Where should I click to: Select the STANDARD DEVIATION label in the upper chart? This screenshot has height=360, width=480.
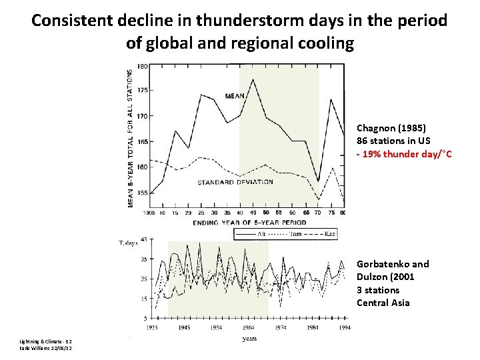coord(235,181)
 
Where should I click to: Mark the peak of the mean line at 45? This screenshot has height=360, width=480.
coord(253,79)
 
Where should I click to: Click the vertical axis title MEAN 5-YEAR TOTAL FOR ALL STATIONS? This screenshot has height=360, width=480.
coord(131,137)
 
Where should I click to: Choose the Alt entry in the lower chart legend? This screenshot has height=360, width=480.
coord(261,234)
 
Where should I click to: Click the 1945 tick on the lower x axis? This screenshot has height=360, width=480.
coord(183,327)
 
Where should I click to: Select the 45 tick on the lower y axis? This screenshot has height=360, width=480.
coord(144,239)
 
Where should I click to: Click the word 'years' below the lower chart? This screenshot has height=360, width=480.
coord(249,338)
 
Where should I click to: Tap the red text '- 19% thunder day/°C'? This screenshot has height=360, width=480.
coord(404,155)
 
